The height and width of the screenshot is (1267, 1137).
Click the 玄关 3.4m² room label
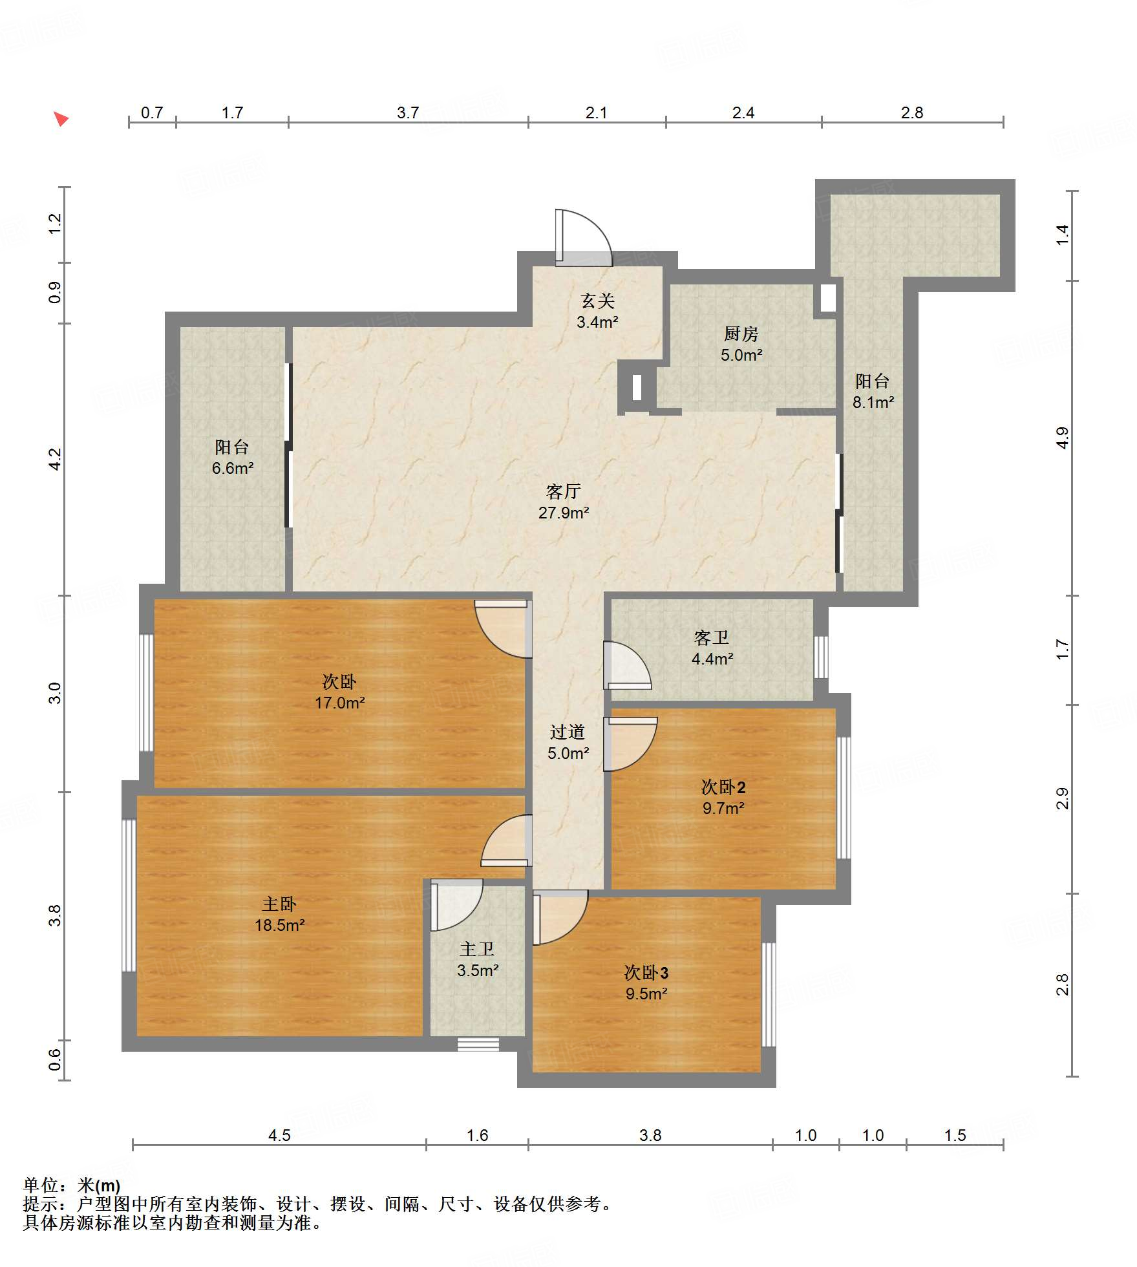[x=597, y=311]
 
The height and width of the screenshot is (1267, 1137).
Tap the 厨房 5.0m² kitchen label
[x=741, y=344]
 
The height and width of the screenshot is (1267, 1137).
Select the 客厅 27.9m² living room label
[x=564, y=502]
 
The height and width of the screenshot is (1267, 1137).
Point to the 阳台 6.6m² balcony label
[x=232, y=457]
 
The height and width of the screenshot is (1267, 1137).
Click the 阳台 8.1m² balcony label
[x=873, y=391]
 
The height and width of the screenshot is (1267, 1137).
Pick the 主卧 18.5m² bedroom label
[x=279, y=914]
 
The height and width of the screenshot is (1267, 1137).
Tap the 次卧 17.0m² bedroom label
[x=340, y=692]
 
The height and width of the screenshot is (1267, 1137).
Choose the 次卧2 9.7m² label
[x=723, y=797]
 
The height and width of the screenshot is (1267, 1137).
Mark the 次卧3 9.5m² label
[x=646, y=983]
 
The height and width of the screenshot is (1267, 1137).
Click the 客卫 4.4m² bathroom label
[x=712, y=648]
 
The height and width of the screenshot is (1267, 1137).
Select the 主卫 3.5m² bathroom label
[x=478, y=959]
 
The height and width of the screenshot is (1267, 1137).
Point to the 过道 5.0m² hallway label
[x=568, y=742]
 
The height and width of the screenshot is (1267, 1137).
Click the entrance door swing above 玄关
[x=583, y=237]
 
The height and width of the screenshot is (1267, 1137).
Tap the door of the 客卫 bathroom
[x=627, y=665]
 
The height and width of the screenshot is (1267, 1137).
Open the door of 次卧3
[x=560, y=917]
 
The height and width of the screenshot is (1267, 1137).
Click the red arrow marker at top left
[x=61, y=119]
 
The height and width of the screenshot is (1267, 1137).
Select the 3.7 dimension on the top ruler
[x=408, y=113]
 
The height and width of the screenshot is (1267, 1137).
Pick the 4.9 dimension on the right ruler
[x=1062, y=438]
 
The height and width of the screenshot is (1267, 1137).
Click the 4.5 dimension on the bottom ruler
[x=279, y=1135]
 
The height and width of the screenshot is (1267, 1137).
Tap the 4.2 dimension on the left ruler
[x=55, y=460]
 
